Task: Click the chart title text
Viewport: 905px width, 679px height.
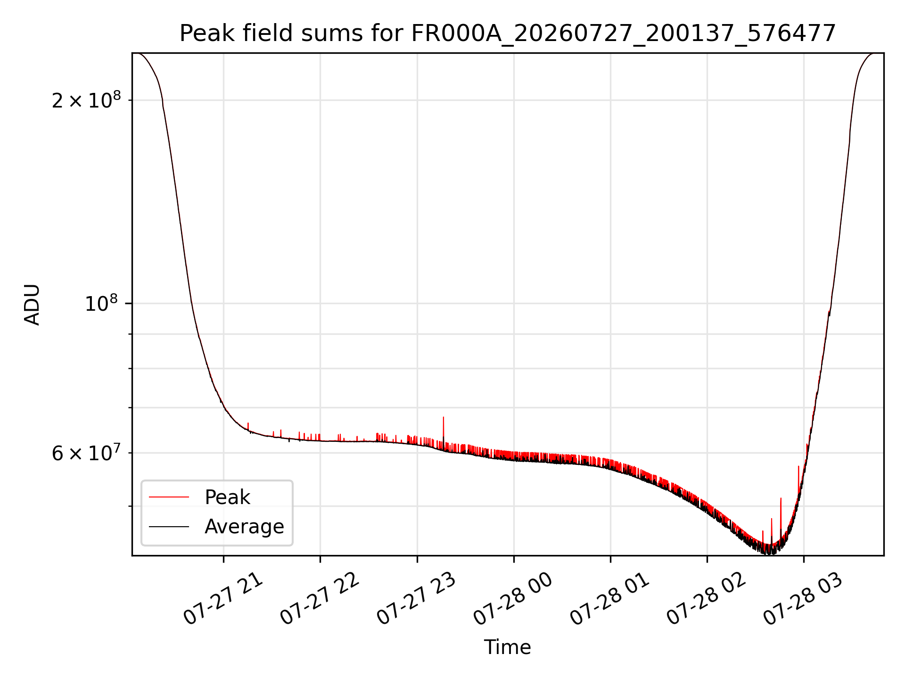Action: point(508,33)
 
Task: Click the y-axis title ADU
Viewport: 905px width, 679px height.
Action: point(32,305)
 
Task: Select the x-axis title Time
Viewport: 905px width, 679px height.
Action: point(508,647)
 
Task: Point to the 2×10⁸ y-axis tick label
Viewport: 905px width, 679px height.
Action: point(86,99)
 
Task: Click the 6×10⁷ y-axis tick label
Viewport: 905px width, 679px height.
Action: point(86,453)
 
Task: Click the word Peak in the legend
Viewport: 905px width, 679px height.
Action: point(227,497)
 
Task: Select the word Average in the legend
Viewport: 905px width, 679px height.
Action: point(244,527)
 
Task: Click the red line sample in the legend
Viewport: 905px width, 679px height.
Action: point(169,497)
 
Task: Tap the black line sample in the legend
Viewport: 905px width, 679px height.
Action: point(169,526)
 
